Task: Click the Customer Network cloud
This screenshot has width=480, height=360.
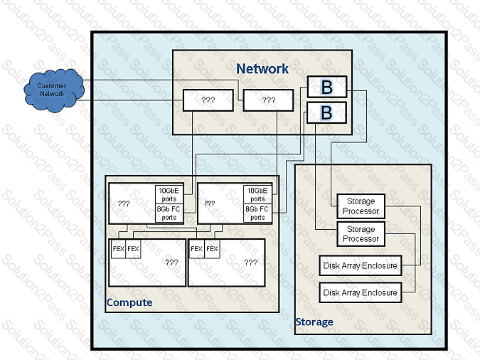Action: pyautogui.click(x=51, y=90)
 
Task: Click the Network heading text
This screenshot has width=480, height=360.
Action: pyautogui.click(x=262, y=69)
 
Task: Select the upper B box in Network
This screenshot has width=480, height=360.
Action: pyautogui.click(x=326, y=87)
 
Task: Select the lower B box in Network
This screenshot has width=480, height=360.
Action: pyautogui.click(x=326, y=112)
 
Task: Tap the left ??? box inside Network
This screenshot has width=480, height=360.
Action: pyautogui.click(x=208, y=100)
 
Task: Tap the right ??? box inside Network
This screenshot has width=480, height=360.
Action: pyautogui.click(x=268, y=100)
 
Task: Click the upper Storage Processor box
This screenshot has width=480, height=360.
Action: pyautogui.click(x=361, y=206)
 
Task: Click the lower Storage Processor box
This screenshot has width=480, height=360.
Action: pyautogui.click(x=361, y=234)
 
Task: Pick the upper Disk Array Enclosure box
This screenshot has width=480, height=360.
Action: pyautogui.click(x=360, y=266)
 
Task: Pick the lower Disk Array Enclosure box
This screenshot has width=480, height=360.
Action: pyautogui.click(x=360, y=292)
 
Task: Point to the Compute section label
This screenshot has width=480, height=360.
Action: pyautogui.click(x=129, y=302)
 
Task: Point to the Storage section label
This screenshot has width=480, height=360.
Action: pyautogui.click(x=314, y=322)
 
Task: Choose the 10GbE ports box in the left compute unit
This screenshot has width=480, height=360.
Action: pyautogui.click(x=169, y=194)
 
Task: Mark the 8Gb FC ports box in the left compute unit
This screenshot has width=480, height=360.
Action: pyautogui.click(x=169, y=213)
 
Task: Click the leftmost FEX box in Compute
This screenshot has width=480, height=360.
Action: pyautogui.click(x=118, y=249)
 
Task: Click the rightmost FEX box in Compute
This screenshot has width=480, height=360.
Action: pyautogui.click(x=212, y=249)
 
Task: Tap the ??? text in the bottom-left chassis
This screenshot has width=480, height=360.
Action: pyautogui.click(x=171, y=262)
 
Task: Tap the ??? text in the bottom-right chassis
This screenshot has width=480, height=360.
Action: pyautogui.click(x=250, y=262)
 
